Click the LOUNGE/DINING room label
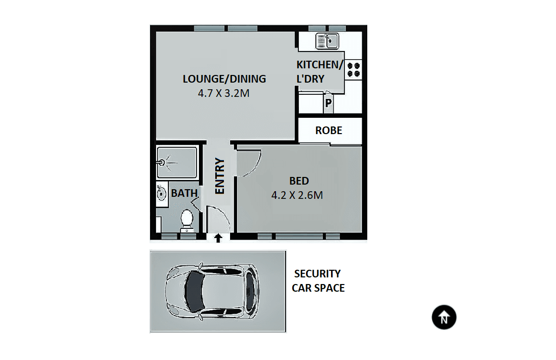[224, 79]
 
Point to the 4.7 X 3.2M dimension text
[224, 94]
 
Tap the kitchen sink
[326, 40]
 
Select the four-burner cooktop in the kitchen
[353, 69]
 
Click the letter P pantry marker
[328, 103]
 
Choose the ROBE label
[328, 131]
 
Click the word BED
[299, 181]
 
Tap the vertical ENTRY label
[220, 176]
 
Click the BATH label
[184, 193]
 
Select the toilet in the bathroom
[187, 220]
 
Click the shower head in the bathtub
[162, 162]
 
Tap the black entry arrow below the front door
[218, 238]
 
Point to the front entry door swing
[219, 219]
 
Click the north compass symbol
[444, 318]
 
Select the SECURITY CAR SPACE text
[318, 281]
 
